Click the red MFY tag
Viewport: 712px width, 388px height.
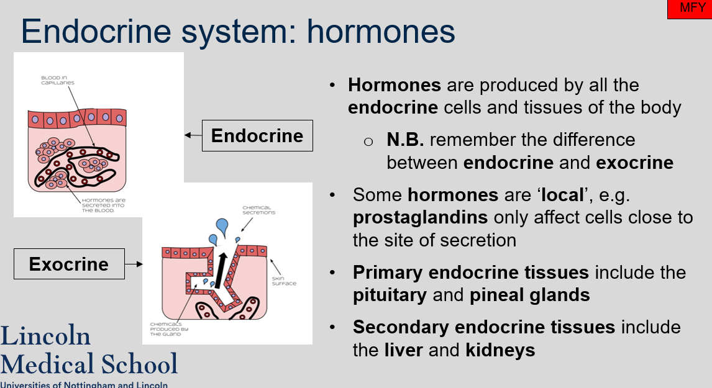pos(689,9)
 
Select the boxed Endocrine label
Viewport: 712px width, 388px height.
pos(257,136)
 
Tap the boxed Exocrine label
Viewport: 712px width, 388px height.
pos(69,264)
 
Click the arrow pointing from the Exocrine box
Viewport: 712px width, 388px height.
pos(133,264)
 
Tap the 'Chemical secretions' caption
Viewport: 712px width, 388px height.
pos(258,209)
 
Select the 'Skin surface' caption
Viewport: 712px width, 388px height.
pos(284,281)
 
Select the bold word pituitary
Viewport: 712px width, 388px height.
pos(390,295)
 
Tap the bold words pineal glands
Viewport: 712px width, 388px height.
pos(530,295)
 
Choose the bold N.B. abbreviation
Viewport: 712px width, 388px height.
pos(405,140)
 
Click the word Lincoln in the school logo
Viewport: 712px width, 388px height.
pos(46,336)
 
